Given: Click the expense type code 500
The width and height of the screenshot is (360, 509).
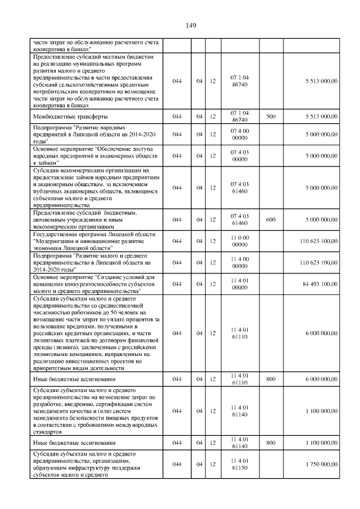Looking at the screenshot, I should tap(271, 116).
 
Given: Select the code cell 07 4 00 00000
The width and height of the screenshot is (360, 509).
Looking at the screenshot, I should tap(240, 134).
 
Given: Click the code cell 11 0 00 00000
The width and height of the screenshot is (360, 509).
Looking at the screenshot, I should tap(240, 241).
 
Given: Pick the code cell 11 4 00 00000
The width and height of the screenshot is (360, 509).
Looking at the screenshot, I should tap(240, 263).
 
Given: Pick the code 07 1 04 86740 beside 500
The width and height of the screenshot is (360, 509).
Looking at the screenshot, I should tap(240, 116).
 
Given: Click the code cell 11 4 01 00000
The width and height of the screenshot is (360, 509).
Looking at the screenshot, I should tap(240, 285).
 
